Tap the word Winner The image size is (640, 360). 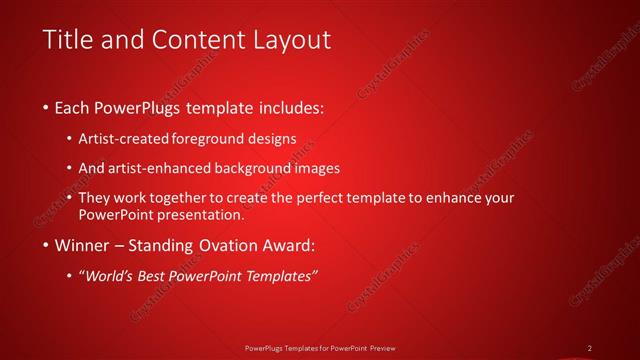[85, 245]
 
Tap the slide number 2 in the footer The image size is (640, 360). [590, 348]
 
